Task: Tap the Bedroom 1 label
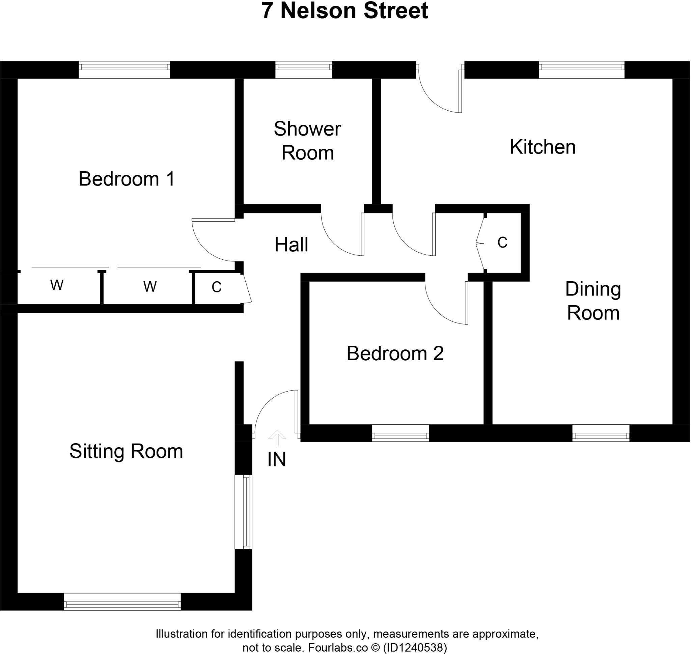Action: tap(126, 179)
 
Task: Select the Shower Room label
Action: tap(307, 141)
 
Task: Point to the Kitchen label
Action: tap(543, 147)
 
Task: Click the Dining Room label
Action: tap(592, 301)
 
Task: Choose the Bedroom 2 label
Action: tap(395, 353)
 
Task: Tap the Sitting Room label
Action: tap(126, 451)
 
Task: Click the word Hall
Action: tap(291, 245)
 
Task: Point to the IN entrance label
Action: tap(277, 459)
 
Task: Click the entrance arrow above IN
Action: tap(277, 438)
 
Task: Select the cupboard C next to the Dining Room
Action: tap(502, 243)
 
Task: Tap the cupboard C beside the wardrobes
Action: tap(217, 287)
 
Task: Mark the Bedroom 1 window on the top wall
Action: tap(124, 70)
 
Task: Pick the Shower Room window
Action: tap(303, 70)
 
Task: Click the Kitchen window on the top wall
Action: tap(581, 70)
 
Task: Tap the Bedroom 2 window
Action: tap(400, 433)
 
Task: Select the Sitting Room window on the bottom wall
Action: tap(122, 602)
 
